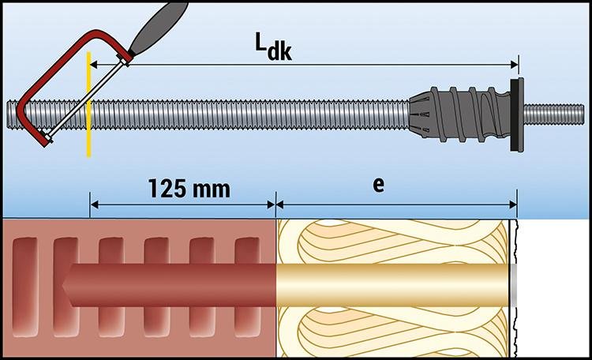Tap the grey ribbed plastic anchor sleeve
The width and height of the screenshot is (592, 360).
(466, 114)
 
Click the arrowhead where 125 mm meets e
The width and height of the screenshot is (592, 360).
(275, 205)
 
